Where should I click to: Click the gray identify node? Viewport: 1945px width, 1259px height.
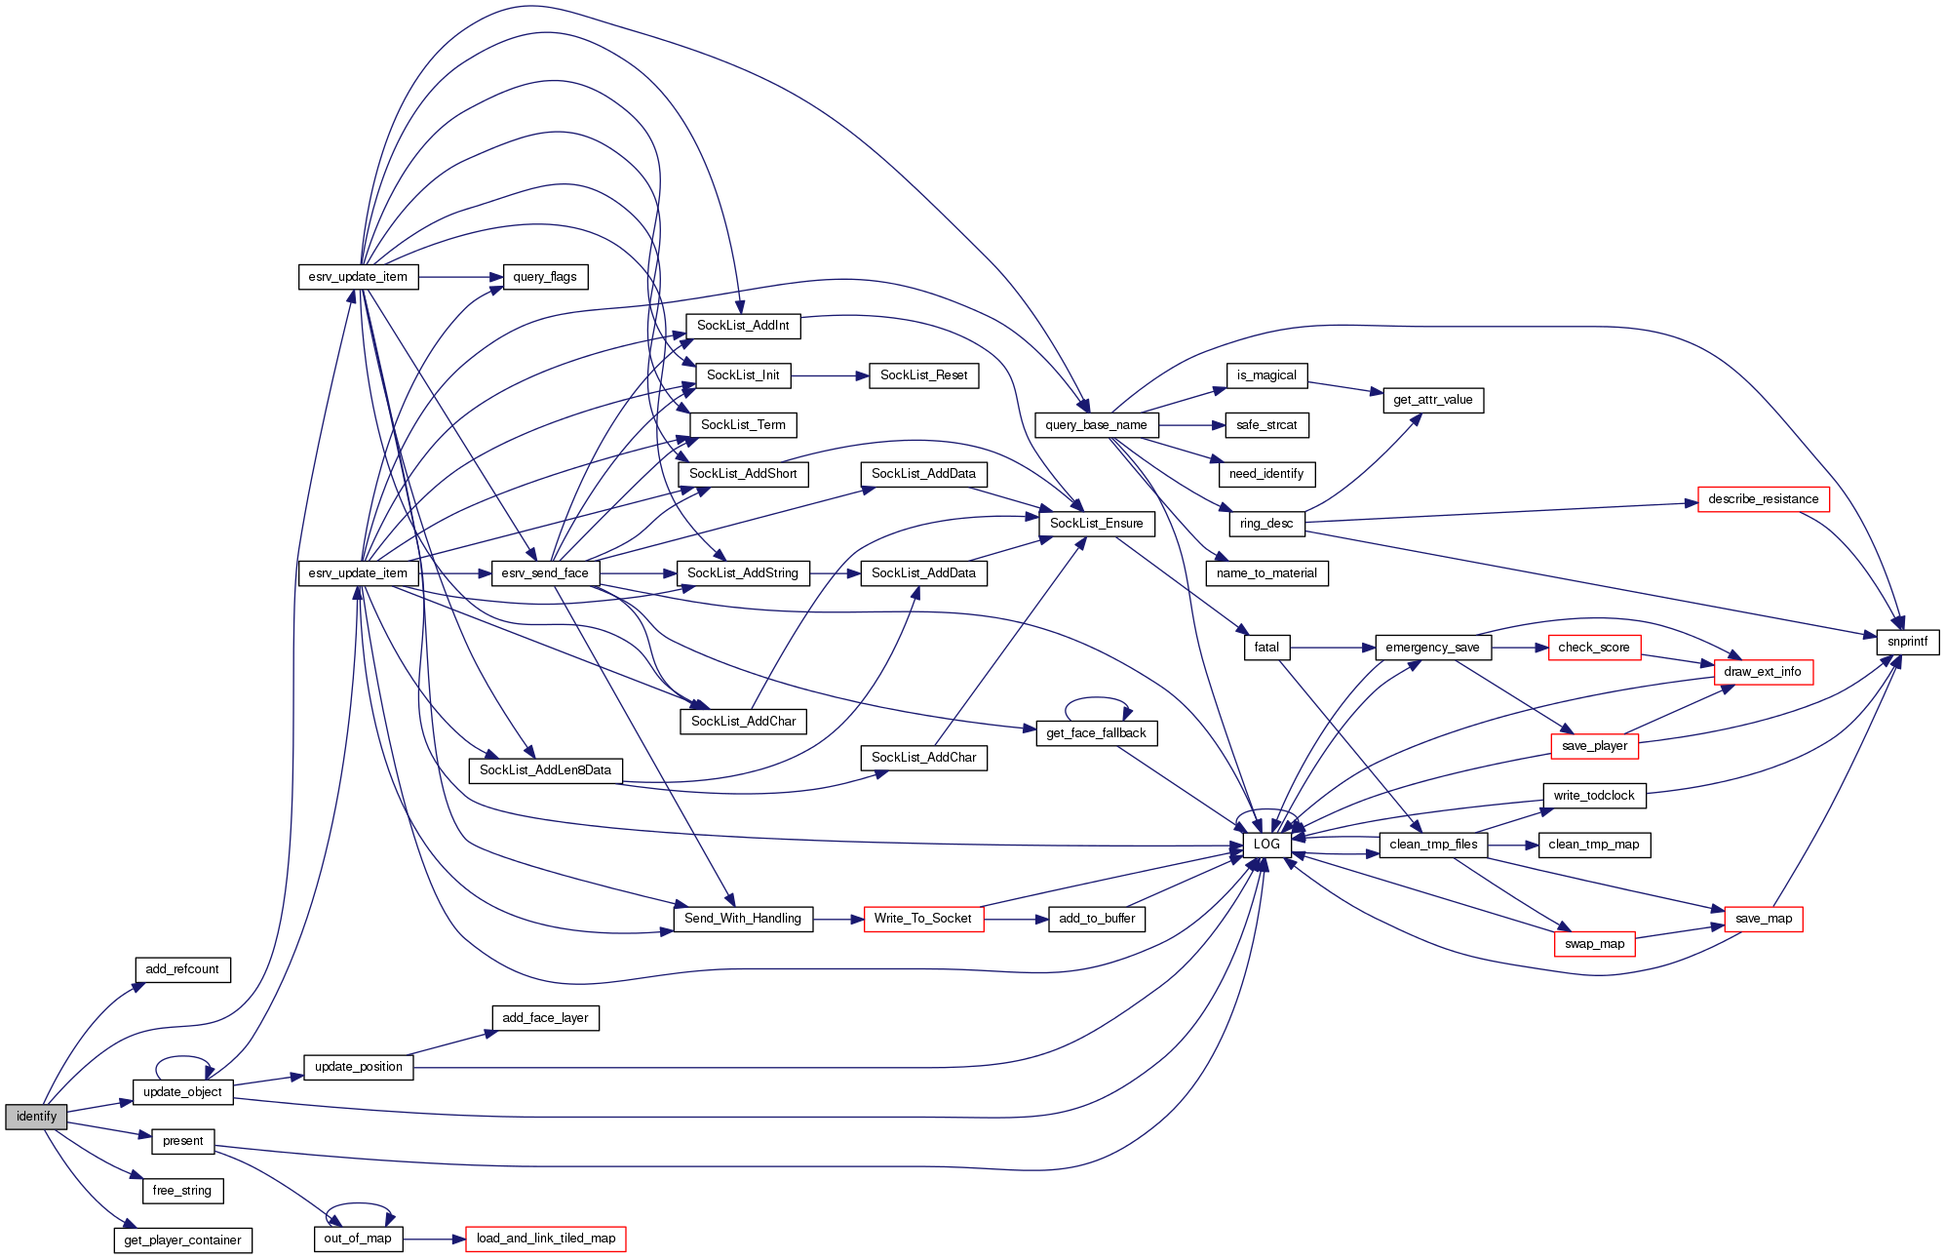tap(36, 1117)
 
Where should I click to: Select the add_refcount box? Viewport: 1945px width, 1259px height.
tap(182, 969)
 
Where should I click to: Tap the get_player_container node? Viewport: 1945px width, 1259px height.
tap(182, 1240)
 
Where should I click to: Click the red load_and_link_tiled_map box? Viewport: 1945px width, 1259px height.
tap(545, 1239)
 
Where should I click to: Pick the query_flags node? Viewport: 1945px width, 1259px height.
tap(545, 277)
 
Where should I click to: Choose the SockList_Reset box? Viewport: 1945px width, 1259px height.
tap(923, 375)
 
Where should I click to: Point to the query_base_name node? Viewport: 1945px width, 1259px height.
tap(1096, 425)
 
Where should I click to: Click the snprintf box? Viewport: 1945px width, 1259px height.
tap(1907, 642)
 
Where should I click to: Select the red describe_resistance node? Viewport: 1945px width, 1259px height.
tap(1763, 499)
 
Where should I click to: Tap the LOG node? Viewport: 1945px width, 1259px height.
tap(1266, 845)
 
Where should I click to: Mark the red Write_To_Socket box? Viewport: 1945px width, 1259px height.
tap(923, 919)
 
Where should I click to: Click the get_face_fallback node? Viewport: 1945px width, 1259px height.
tap(1096, 733)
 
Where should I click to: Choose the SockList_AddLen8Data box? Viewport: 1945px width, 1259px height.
tap(545, 770)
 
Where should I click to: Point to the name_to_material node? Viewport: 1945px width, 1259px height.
tap(1266, 573)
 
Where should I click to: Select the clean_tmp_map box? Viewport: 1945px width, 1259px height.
tap(1594, 845)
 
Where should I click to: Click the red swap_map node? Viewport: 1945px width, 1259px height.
tap(1594, 944)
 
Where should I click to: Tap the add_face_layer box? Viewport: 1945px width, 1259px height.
tap(545, 1018)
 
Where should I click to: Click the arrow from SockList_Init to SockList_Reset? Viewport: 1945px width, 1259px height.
tap(829, 375)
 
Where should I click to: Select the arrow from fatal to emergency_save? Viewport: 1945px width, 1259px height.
tap(1332, 648)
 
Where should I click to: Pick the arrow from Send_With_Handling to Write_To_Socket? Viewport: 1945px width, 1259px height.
tap(838, 919)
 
